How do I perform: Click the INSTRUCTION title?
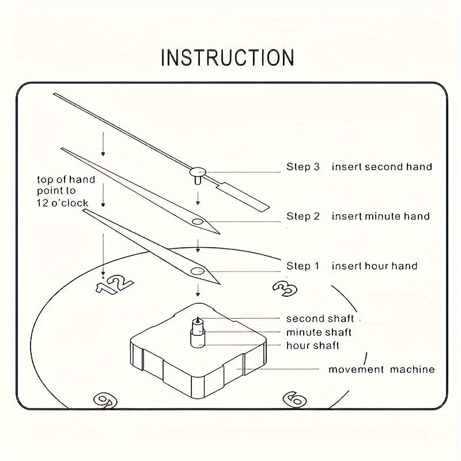pos(228,58)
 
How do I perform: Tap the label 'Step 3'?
pos(303,167)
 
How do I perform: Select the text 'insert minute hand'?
pos(381,217)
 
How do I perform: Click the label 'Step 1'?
pos(303,266)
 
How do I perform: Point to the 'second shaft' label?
pos(320,319)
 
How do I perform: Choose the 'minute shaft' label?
pos(319,332)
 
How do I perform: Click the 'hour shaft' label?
pos(312,346)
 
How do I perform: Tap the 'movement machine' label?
pos(381,369)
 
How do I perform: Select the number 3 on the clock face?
pos(282,288)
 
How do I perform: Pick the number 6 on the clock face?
pos(294,399)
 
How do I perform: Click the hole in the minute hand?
pos(198,221)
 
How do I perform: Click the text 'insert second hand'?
pos(381,167)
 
